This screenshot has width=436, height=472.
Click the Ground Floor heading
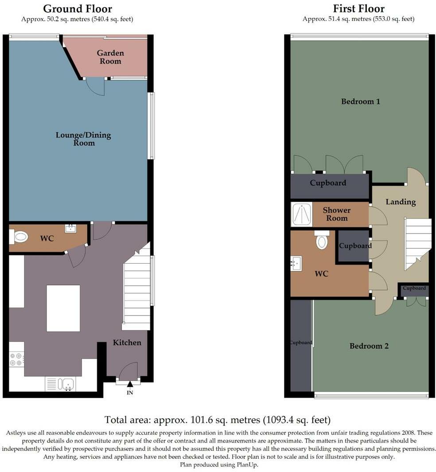coord(78,9)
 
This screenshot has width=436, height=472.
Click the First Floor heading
coord(358,9)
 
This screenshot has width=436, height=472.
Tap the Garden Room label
coord(110,57)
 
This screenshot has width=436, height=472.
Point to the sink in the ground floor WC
coord(70,229)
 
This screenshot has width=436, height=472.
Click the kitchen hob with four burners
coord(16,359)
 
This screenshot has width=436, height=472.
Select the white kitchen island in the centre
coord(63,308)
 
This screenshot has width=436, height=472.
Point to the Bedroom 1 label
coord(361,101)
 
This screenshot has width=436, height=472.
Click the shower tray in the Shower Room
coord(302,215)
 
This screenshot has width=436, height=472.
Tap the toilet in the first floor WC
coord(322,241)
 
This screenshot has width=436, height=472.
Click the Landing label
coord(401,202)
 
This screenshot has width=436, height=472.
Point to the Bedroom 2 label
coord(369,346)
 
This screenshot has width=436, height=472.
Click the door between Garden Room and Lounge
coord(95,86)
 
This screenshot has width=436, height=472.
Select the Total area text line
coord(218,419)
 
